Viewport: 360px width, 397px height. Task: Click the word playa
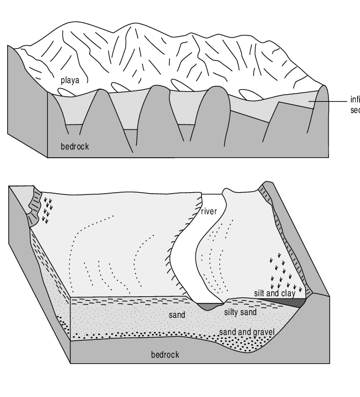click(x=70, y=80)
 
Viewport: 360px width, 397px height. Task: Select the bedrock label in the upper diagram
click(x=75, y=147)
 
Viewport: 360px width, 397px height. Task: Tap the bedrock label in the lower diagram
click(x=165, y=354)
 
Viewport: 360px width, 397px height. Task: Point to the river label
click(x=209, y=211)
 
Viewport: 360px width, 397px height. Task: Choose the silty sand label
click(x=240, y=312)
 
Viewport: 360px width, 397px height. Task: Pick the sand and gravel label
click(x=247, y=332)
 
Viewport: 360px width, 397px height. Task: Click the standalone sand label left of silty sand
click(x=177, y=314)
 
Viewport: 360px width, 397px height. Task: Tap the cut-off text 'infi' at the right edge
click(x=354, y=100)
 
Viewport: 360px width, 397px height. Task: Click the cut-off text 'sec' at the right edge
click(x=354, y=110)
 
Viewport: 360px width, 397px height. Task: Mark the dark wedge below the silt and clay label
click(x=294, y=303)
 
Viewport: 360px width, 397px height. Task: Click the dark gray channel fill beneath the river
click(x=211, y=306)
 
